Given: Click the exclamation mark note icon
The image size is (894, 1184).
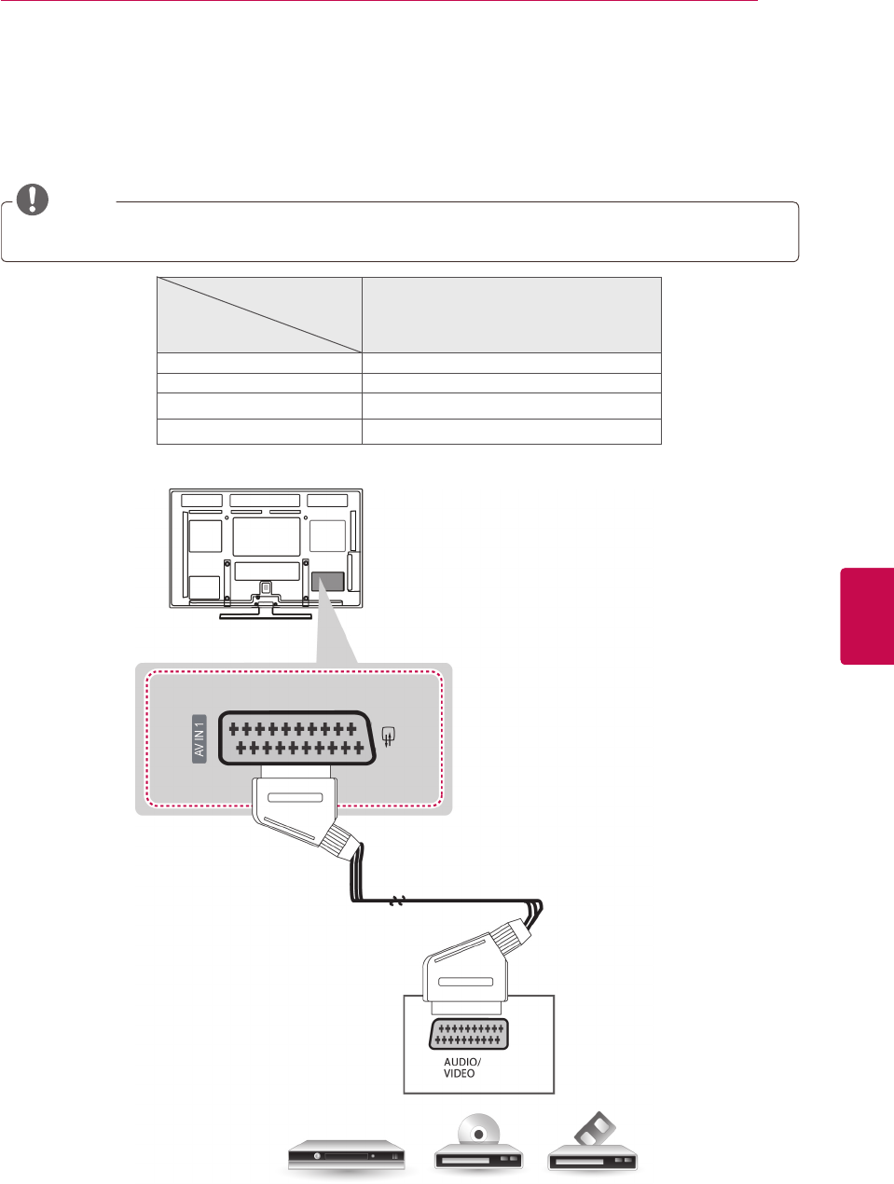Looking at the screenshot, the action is pyautogui.click(x=32, y=199).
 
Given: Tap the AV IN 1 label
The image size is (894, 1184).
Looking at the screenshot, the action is pyautogui.click(x=199, y=739).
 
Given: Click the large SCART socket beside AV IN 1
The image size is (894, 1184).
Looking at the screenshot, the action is pyautogui.click(x=297, y=738).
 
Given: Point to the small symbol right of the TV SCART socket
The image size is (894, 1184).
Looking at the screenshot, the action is pyautogui.click(x=390, y=737).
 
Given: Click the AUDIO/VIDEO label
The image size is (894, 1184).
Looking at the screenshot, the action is pyautogui.click(x=461, y=1067).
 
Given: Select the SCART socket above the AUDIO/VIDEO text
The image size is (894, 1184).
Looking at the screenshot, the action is pyautogui.click(x=469, y=1034).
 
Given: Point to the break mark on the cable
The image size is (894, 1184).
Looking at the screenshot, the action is pyautogui.click(x=398, y=902).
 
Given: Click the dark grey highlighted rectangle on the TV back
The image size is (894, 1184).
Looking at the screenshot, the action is pyautogui.click(x=327, y=582).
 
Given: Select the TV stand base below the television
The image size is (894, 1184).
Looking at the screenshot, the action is pyautogui.click(x=266, y=614).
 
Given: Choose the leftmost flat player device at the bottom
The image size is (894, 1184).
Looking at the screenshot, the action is pyautogui.click(x=346, y=1155).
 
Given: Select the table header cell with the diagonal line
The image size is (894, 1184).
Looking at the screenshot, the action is pyautogui.click(x=259, y=314).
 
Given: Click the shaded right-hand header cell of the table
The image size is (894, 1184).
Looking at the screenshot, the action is pyautogui.click(x=511, y=314).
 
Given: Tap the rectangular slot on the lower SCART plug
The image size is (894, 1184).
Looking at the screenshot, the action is pyautogui.click(x=465, y=982).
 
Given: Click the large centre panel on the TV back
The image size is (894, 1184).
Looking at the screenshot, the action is pyautogui.click(x=267, y=537).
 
